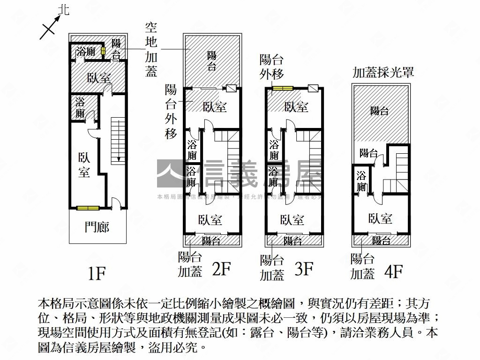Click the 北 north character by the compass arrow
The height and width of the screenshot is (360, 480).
(x=64, y=10)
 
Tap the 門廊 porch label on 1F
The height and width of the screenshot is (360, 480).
(x=97, y=227)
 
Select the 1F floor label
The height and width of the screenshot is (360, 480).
(x=97, y=273)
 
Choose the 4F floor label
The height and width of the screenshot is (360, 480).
(x=393, y=271)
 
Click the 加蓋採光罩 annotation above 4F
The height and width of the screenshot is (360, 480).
(x=383, y=73)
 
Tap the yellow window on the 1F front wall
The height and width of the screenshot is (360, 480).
(x=88, y=208)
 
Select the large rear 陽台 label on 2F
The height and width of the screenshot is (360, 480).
(x=212, y=61)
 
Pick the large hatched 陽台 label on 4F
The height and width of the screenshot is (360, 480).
(x=379, y=111)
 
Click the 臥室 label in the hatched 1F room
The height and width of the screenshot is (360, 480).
(x=99, y=78)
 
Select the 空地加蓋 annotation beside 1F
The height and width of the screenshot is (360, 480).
(x=151, y=50)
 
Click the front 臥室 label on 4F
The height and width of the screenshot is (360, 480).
(x=380, y=218)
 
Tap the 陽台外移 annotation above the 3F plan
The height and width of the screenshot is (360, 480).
(x=272, y=67)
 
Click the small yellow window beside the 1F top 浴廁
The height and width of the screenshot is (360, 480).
(x=103, y=52)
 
